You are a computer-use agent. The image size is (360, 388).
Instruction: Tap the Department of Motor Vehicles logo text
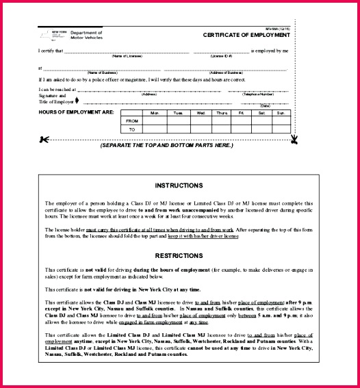coord(85,34)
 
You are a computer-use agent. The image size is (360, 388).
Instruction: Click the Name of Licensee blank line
coord(127,51)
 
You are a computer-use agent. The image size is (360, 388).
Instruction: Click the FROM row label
coord(132,120)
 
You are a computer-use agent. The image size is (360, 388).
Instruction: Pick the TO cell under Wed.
coord(201,129)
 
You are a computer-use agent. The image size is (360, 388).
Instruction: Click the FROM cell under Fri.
coord(241,120)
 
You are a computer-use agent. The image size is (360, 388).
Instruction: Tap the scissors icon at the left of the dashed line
coord(44,140)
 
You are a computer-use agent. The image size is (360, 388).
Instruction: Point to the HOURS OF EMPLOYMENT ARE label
coord(76,112)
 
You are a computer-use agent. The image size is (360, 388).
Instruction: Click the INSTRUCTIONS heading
coord(179,185)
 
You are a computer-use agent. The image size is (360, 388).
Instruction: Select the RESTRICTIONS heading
coord(179,256)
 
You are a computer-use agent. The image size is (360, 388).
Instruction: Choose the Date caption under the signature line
coord(265,105)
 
